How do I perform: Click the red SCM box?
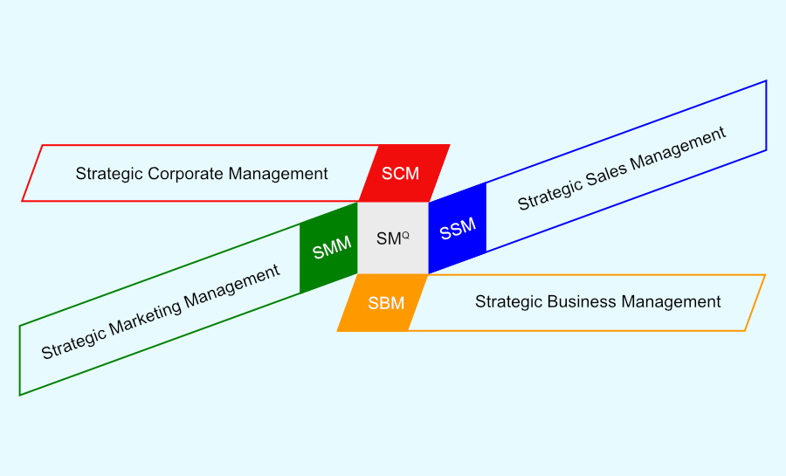pyautogui.click(x=404, y=173)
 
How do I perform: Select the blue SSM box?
pyautogui.click(x=457, y=229)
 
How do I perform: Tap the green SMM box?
pyautogui.click(x=329, y=248)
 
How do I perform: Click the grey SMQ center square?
pyautogui.click(x=393, y=238)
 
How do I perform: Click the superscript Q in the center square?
pyautogui.click(x=405, y=235)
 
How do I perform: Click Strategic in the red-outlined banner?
pyautogui.click(x=109, y=174)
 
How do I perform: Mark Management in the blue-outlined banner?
pyautogui.click(x=678, y=148)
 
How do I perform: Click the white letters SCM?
pyautogui.click(x=400, y=173)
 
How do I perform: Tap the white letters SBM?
pyautogui.click(x=386, y=303)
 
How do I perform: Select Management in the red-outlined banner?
pyautogui.click(x=279, y=174)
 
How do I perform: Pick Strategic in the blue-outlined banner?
pyautogui.click(x=549, y=196)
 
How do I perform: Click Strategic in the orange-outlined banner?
pyautogui.click(x=509, y=301)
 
